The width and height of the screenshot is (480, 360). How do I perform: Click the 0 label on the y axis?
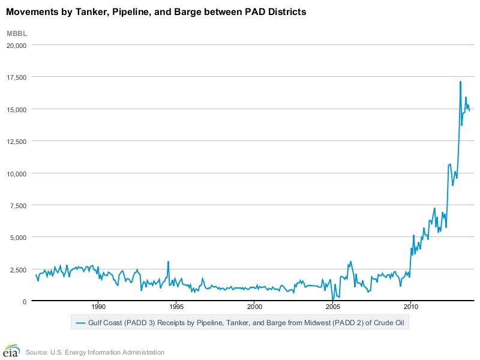pyautogui.click(x=26, y=301)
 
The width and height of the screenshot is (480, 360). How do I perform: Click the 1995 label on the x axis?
pyautogui.click(x=176, y=305)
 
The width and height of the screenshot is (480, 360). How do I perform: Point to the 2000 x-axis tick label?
pyautogui.click(x=254, y=305)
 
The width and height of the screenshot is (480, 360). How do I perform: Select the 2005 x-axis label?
pyautogui.click(x=332, y=305)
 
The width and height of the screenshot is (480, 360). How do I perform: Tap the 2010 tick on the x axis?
pyautogui.click(x=410, y=305)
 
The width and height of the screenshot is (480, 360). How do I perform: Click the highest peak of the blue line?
pyautogui.click(x=460, y=82)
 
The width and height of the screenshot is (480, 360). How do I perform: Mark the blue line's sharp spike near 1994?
pyautogui.click(x=168, y=262)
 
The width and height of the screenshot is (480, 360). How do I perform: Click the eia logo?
pyautogui.click(x=11, y=351)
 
